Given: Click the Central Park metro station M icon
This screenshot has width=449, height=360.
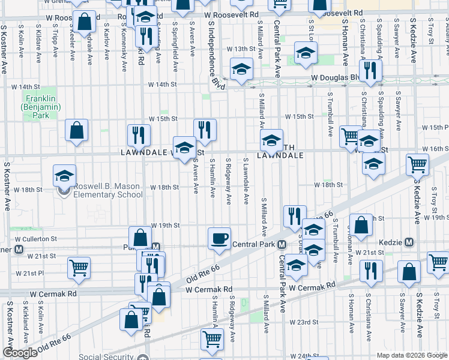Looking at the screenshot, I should click(281, 244).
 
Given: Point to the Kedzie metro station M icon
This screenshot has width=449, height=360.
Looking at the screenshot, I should click(409, 242).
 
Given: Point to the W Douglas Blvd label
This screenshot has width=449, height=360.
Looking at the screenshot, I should click(334, 78).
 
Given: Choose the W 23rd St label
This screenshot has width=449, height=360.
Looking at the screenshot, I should click(304, 322).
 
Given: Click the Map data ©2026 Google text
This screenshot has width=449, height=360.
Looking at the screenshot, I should click(412, 355).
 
